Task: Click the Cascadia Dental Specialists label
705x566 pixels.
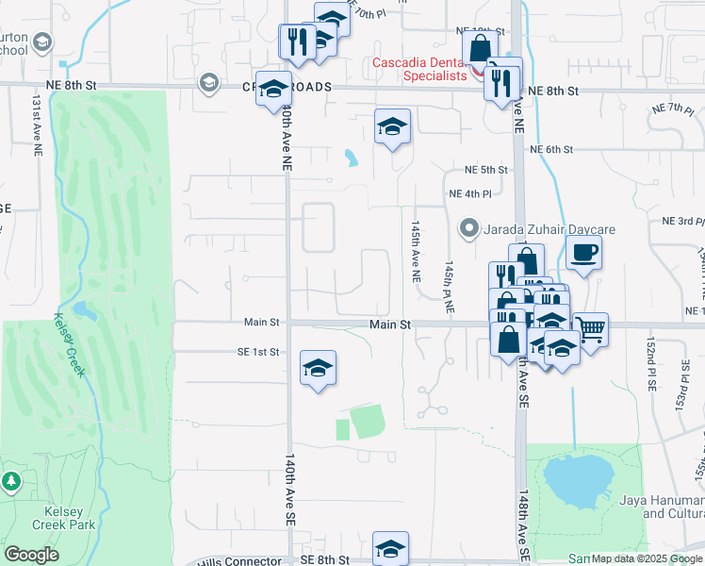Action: [x=418, y=69]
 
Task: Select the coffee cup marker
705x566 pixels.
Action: [x=584, y=253]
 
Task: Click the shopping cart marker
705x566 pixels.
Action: [x=591, y=329]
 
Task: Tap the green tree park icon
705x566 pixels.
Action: [x=11, y=482]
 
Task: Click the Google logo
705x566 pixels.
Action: [x=31, y=555]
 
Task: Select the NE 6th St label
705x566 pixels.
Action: [x=551, y=150]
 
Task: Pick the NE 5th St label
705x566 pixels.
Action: [x=486, y=171]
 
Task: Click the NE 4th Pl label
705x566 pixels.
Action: [x=469, y=195]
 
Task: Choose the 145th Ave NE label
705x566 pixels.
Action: [x=414, y=253]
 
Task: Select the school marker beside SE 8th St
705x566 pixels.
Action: [x=391, y=547]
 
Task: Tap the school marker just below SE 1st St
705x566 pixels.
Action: [x=319, y=367]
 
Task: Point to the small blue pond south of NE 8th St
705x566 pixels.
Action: [x=351, y=158]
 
